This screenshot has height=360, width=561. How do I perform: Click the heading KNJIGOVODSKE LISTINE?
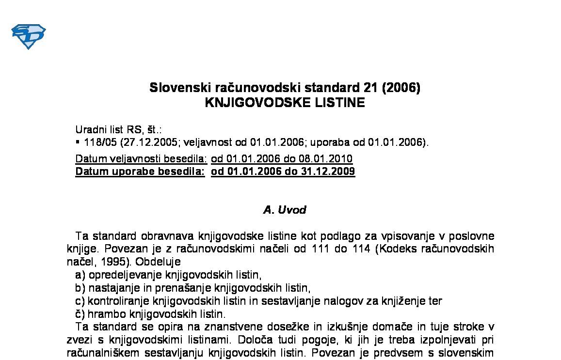click(x=285, y=103)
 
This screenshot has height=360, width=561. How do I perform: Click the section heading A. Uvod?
click(x=285, y=210)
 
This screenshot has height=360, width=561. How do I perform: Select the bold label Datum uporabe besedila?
click(x=140, y=172)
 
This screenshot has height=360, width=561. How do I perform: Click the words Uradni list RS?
click(x=109, y=130)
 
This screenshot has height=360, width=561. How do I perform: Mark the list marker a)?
click(x=80, y=275)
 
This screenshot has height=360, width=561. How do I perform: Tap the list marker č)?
click(x=80, y=313)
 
